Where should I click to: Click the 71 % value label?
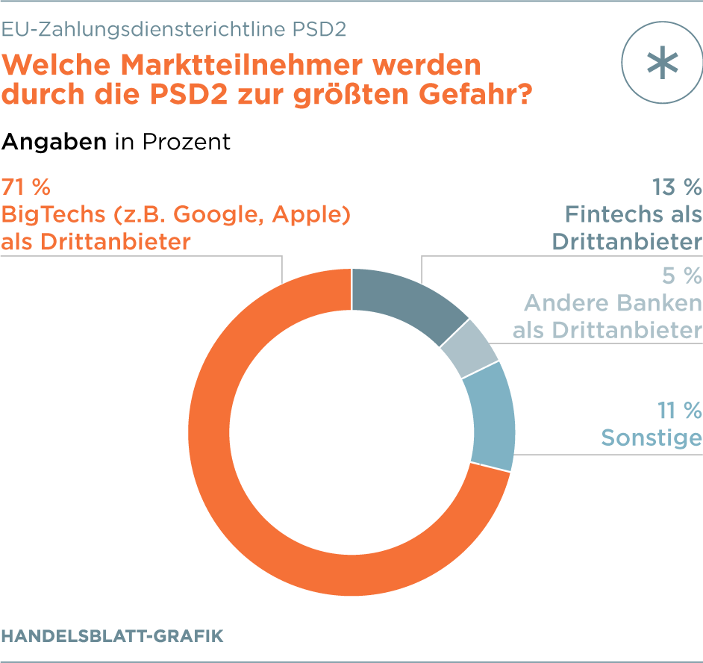click(x=26, y=186)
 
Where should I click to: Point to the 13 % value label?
click(x=676, y=186)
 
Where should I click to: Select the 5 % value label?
click(x=682, y=276)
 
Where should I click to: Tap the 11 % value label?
click(x=679, y=410)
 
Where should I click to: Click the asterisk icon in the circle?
click(x=663, y=63)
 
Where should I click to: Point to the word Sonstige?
click(x=652, y=438)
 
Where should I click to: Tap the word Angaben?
click(x=54, y=142)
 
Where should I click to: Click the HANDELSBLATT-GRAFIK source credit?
click(x=112, y=636)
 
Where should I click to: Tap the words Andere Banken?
click(x=613, y=303)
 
